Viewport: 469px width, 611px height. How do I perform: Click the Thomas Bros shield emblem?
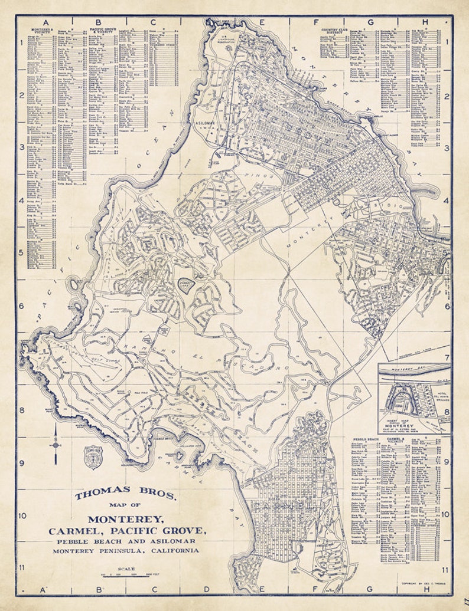point(92,457)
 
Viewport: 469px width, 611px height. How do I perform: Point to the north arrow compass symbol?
point(56,444)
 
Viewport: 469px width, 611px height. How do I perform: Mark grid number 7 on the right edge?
point(447,358)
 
